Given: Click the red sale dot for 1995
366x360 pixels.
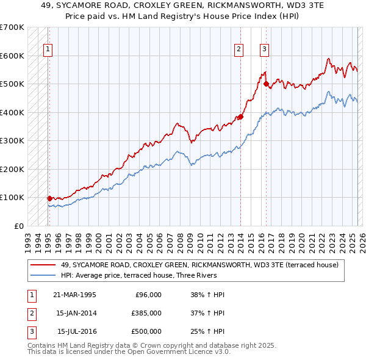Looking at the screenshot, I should pos(49,198).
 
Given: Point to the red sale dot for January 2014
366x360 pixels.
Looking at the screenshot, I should pos(241,117).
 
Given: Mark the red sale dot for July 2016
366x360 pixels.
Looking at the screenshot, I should pos(266,84).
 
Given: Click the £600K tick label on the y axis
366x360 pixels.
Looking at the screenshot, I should pos(12,56).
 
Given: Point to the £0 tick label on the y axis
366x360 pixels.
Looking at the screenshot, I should pos(19,226).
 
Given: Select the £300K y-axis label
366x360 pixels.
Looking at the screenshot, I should pos(12,140).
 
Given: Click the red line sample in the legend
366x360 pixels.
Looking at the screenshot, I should pos(43,265).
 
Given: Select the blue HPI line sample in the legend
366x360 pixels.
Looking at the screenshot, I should pos(43,275).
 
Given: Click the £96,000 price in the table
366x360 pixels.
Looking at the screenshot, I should pos(148,295).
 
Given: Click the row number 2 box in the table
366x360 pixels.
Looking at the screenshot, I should pos(30,313).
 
